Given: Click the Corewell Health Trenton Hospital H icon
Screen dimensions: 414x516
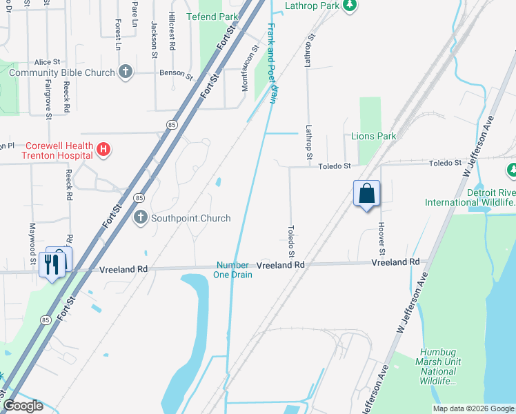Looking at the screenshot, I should click(x=103, y=149).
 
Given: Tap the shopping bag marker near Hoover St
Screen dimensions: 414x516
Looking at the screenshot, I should click(x=367, y=193).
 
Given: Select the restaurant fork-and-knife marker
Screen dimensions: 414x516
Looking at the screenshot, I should click(x=52, y=262).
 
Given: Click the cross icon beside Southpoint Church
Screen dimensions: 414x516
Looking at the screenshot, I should click(x=140, y=218).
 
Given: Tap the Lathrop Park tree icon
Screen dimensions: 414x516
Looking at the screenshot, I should click(x=350, y=6).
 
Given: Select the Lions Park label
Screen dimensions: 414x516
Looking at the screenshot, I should click(x=374, y=136).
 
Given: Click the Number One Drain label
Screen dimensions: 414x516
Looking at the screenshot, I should click(x=234, y=270).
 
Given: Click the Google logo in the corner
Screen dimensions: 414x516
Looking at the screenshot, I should click(x=23, y=406).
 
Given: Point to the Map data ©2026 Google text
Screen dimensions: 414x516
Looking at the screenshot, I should click(x=473, y=408).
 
